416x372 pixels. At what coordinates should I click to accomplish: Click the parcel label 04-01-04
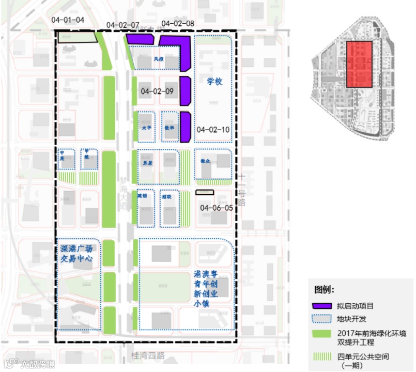[68, 19]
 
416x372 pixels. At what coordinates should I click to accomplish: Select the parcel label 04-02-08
[178, 24]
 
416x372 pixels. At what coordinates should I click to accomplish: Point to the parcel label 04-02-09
[157, 91]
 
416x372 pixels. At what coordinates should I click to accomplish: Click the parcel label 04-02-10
[213, 129]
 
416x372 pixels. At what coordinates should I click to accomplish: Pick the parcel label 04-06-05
[217, 208]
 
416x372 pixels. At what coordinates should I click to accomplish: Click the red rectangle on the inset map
[359, 65]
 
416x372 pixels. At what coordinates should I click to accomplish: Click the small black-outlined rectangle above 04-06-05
[205, 192]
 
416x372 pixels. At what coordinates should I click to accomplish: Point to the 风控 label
[158, 59]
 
